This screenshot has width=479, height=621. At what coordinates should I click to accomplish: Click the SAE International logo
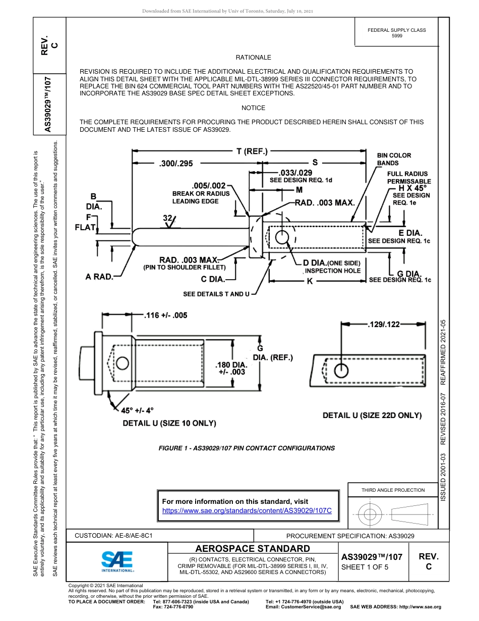click(117, 561)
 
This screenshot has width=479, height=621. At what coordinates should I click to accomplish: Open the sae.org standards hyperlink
click(247, 510)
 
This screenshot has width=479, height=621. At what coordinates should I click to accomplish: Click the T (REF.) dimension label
click(252, 151)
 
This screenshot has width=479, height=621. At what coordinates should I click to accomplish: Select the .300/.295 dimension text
click(175, 163)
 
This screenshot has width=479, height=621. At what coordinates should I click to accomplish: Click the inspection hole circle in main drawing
click(282, 237)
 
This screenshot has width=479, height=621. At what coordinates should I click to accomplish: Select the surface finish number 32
click(168, 218)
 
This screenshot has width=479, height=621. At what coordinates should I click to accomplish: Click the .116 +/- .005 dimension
click(165, 315)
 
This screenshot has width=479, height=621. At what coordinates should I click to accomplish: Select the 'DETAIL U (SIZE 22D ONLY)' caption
click(372, 415)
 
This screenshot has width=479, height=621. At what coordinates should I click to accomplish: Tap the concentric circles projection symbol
click(371, 515)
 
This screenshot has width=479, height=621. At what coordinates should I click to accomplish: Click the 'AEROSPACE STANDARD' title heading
click(253, 548)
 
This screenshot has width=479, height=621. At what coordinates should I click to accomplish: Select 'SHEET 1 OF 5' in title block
click(365, 567)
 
